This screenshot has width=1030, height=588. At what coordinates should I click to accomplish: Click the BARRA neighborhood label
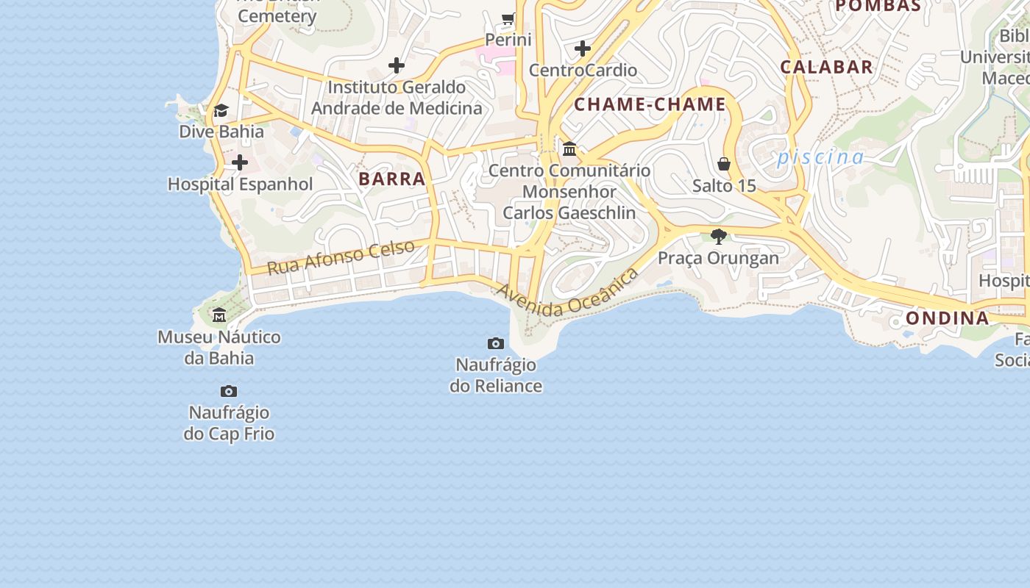[x=392, y=179]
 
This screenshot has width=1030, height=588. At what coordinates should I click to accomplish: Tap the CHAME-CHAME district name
[x=650, y=104]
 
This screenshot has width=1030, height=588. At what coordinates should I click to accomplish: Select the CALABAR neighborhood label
[x=826, y=67]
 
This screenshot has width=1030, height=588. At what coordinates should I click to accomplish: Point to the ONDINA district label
[x=947, y=318]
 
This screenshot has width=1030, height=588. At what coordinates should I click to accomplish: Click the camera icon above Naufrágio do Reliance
[x=496, y=343]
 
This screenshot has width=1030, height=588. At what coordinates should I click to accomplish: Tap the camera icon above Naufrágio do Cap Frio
[x=229, y=391]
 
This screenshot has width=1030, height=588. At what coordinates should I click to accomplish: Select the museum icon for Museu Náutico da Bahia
[x=219, y=315]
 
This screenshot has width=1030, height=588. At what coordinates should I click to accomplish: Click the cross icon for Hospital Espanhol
[x=240, y=162]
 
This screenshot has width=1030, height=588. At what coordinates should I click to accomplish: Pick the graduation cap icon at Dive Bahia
[x=221, y=110]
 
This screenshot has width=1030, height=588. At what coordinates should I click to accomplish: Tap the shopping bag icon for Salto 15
[x=724, y=163]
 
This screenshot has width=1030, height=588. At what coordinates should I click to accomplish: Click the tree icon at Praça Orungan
[x=719, y=236]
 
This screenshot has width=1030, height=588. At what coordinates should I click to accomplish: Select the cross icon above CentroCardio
[x=583, y=49]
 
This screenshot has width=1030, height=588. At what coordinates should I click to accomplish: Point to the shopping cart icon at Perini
[x=508, y=18]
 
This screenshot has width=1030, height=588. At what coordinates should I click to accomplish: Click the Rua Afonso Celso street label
[x=341, y=257]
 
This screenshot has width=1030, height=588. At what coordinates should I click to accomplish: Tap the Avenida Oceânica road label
[x=567, y=294]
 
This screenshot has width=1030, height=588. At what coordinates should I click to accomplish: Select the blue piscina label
[x=820, y=157]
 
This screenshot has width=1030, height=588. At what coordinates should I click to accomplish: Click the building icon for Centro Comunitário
[x=569, y=149]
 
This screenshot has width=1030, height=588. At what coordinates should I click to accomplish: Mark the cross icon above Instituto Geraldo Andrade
[x=397, y=65]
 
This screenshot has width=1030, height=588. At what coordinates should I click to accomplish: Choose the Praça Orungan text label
[x=718, y=258]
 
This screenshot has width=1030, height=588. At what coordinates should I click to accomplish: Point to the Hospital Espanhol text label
[x=241, y=184]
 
